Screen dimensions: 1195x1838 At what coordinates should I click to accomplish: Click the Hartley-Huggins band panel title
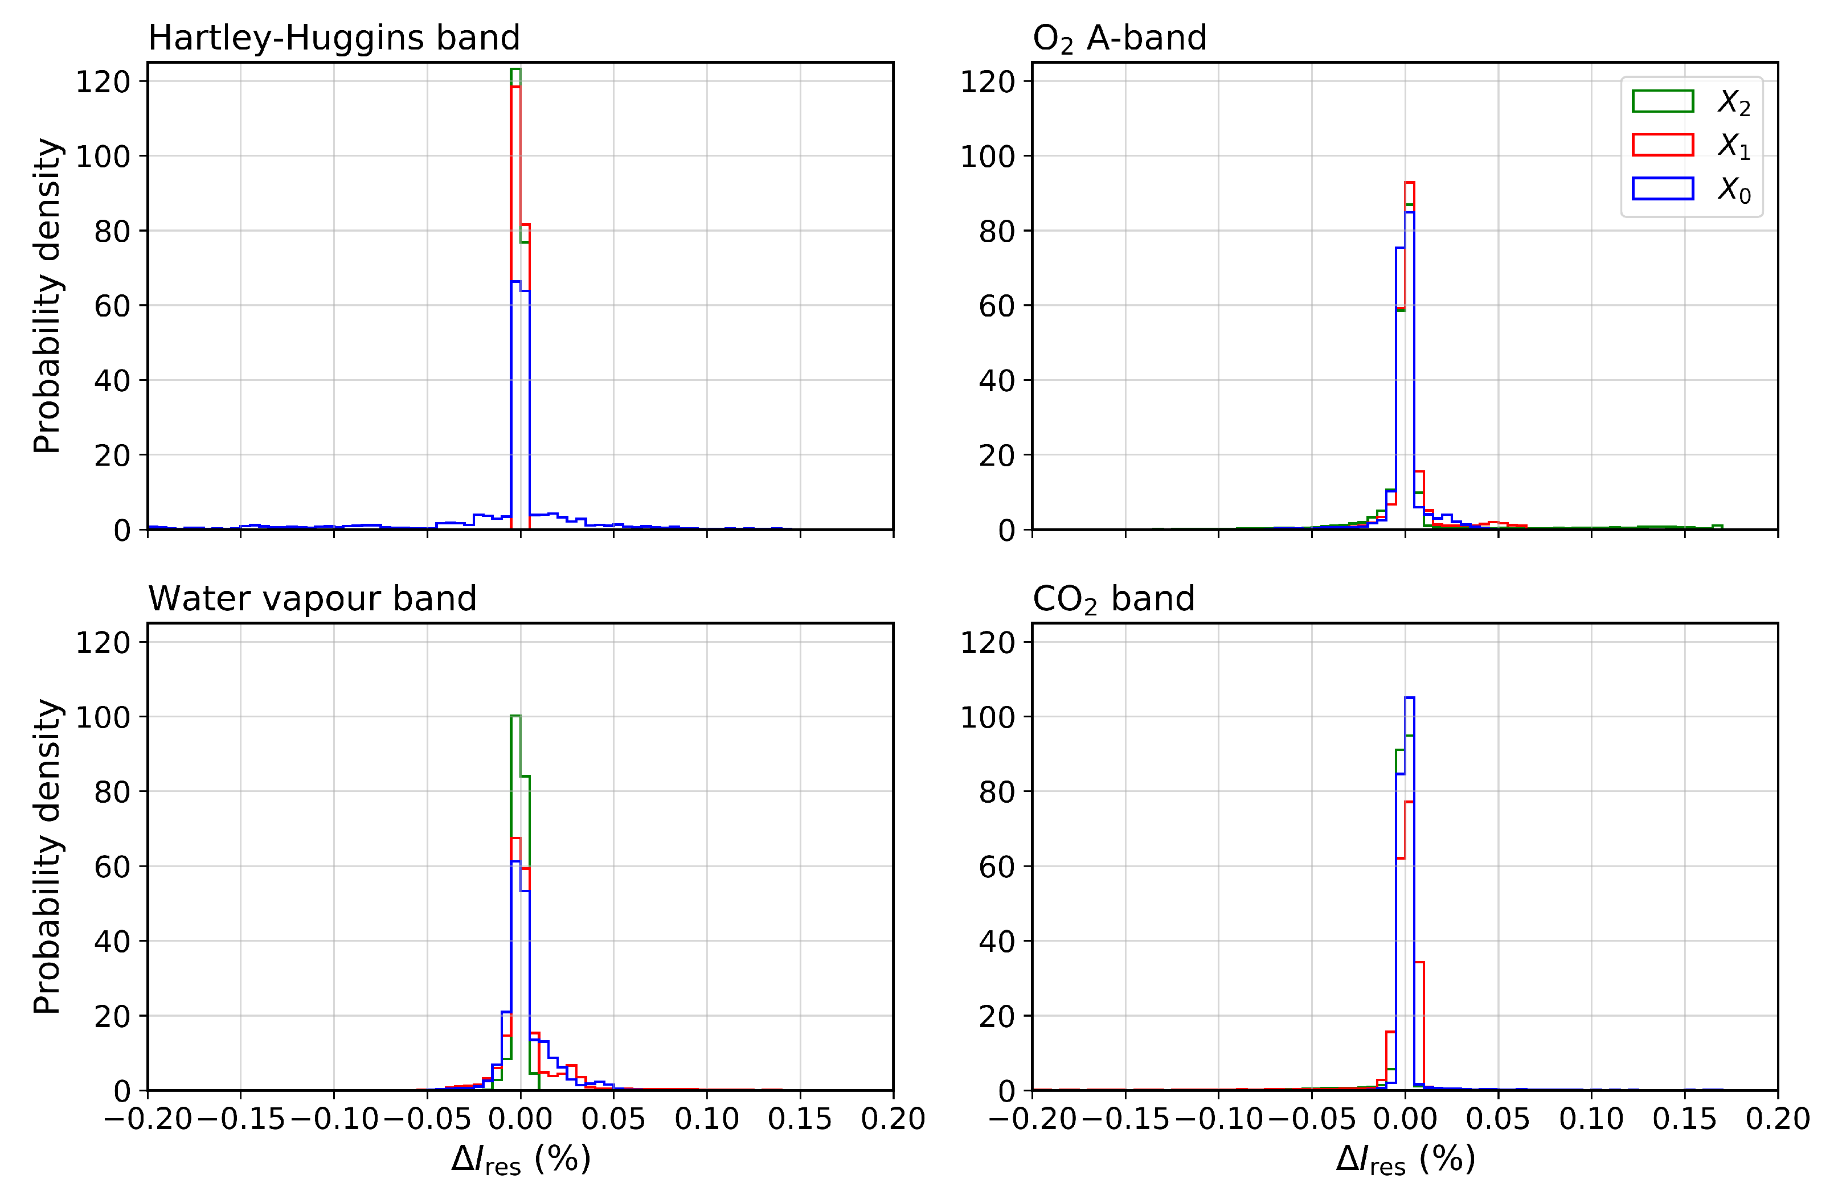334,38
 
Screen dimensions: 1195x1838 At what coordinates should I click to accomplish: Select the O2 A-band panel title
1119,38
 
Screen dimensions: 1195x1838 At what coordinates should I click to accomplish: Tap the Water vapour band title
312,598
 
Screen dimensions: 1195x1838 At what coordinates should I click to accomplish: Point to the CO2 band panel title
1113,599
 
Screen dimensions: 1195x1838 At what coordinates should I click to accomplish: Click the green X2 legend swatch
1663,101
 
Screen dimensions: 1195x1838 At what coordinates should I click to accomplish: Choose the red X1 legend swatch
1663,145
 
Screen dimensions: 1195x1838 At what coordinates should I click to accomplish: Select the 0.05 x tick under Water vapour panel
613,1119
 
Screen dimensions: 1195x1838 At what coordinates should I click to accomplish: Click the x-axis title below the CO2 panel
1406,1160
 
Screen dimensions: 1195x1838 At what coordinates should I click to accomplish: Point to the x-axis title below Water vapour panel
521,1160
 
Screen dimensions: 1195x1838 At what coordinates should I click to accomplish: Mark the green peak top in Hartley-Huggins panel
515,69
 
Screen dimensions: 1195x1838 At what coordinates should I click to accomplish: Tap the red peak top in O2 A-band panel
1409,183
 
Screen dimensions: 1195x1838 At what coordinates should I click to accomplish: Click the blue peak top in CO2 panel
1409,698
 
